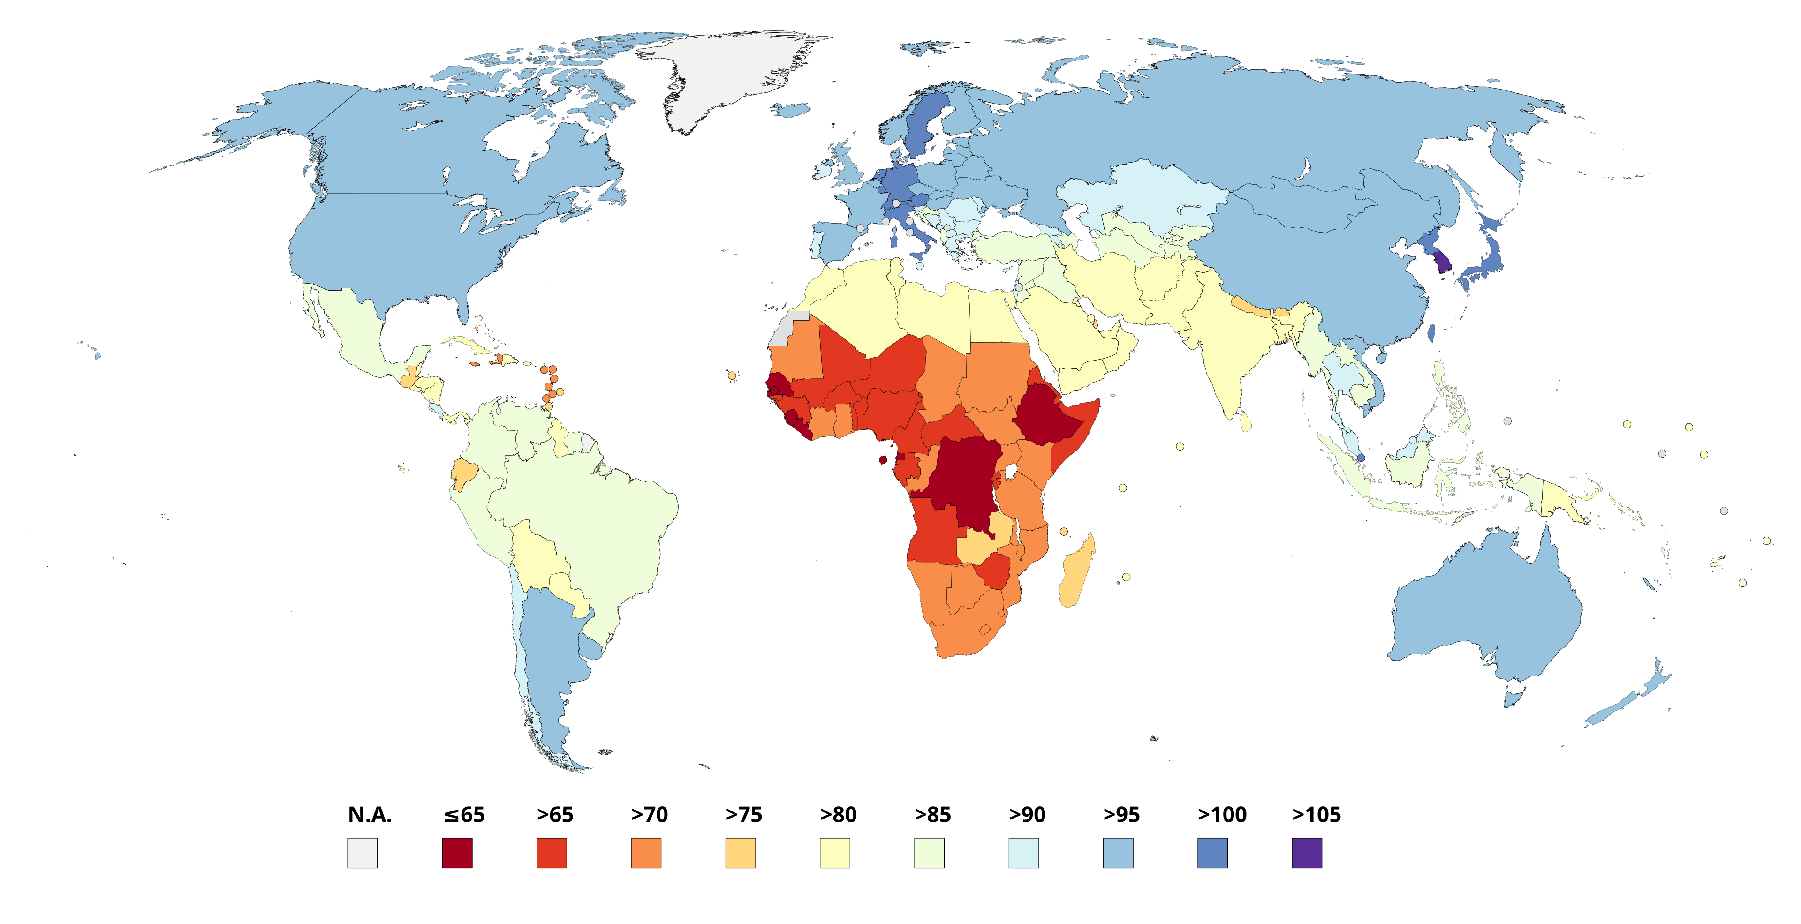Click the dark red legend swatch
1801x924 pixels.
click(457, 853)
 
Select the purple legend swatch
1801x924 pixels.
click(1307, 853)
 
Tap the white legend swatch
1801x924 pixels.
click(362, 853)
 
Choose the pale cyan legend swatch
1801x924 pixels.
click(1023, 853)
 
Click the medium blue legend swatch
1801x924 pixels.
click(1212, 853)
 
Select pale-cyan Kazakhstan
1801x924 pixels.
click(1147, 195)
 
